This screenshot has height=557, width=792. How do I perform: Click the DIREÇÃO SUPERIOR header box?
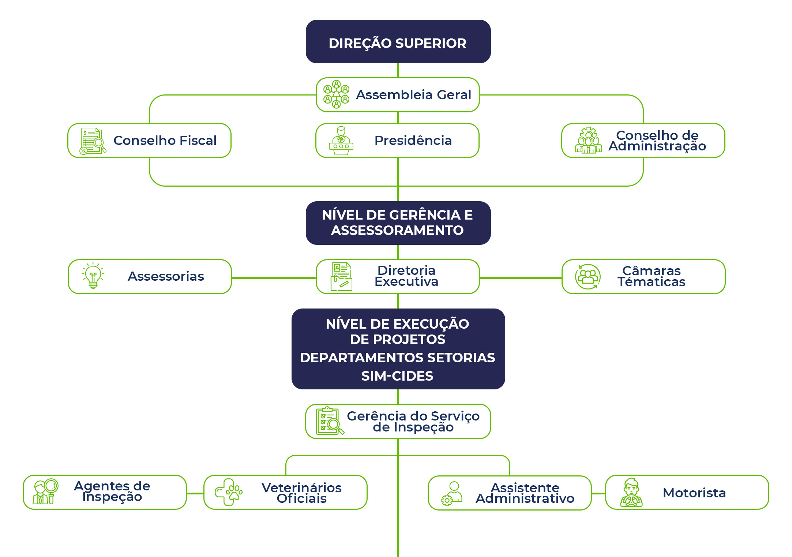[x=398, y=42]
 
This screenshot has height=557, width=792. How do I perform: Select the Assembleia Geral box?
[x=398, y=95]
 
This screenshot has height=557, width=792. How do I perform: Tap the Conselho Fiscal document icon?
[x=92, y=141]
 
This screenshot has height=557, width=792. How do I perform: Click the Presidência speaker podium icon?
[x=341, y=141]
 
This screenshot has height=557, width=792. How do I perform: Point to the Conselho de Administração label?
[x=657, y=141]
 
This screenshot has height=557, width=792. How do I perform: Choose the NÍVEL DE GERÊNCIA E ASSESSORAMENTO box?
[x=398, y=223]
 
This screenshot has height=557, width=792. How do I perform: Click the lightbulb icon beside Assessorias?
[x=93, y=276]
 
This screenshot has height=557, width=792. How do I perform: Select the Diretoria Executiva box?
[x=398, y=277]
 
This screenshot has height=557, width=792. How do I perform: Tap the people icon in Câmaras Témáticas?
[x=588, y=277]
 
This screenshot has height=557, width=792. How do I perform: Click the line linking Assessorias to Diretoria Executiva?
[x=274, y=278]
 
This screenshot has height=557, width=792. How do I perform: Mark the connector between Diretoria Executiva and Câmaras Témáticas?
[x=521, y=278]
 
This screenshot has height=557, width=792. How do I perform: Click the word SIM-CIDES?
[x=397, y=376]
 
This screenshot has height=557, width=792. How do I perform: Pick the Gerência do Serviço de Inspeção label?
[x=413, y=422]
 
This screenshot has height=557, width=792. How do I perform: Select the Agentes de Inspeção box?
[x=105, y=492]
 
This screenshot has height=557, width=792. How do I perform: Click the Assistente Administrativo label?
[x=525, y=493]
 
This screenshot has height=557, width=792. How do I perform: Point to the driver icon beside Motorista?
[x=631, y=493]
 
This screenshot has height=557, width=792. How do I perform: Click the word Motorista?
[x=694, y=493]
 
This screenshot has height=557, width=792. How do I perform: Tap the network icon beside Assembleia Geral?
[x=336, y=94]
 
